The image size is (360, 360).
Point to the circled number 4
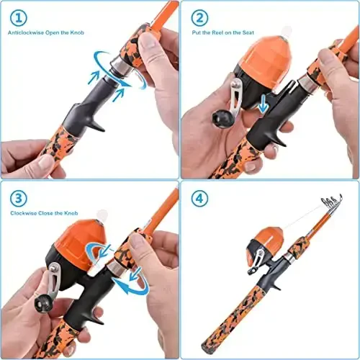[200, 198]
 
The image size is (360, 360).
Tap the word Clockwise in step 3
[24, 213]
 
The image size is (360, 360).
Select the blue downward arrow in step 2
[264, 105]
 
